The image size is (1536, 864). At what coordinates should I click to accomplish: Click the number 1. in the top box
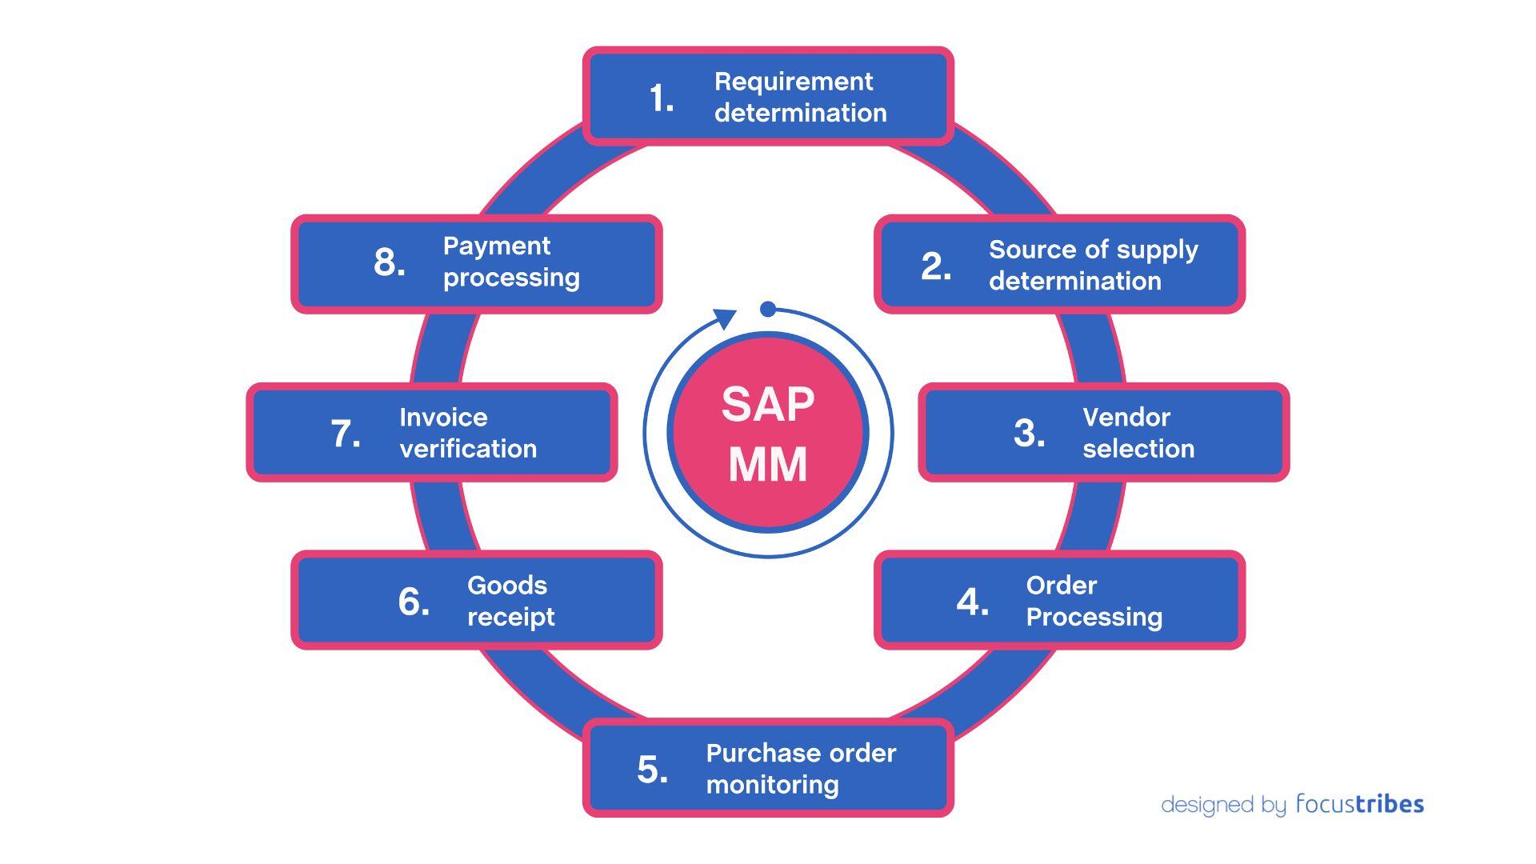pyautogui.click(x=661, y=98)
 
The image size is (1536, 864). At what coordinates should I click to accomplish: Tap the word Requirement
pyautogui.click(x=793, y=82)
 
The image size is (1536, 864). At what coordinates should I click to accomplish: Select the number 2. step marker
pyautogui.click(x=936, y=266)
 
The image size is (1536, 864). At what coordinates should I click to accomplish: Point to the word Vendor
pyautogui.click(x=1126, y=418)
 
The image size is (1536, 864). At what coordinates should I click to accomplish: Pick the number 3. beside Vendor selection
pyautogui.click(x=1029, y=434)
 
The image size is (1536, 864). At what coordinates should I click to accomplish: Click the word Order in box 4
pyautogui.click(x=1061, y=586)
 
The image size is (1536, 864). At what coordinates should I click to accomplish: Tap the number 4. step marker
pyautogui.click(x=972, y=602)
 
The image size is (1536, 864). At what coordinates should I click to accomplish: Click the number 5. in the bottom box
pyautogui.click(x=652, y=770)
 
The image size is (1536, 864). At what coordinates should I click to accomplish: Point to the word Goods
pyautogui.click(x=506, y=586)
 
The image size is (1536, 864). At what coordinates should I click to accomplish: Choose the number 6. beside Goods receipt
pyautogui.click(x=413, y=602)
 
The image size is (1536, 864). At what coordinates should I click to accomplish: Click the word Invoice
pyautogui.click(x=442, y=418)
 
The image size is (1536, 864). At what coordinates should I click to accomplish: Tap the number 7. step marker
pyautogui.click(x=345, y=434)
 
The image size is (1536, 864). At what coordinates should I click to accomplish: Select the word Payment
pyautogui.click(x=496, y=246)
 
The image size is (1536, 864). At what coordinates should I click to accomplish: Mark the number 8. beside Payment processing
pyautogui.click(x=389, y=262)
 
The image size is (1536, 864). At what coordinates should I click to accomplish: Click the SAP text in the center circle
pyautogui.click(x=767, y=404)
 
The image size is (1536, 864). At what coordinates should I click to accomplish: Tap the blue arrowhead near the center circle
pyautogui.click(x=725, y=318)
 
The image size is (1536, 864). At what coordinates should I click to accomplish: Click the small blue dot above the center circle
pyautogui.click(x=768, y=309)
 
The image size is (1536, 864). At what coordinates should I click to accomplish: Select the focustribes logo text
pyautogui.click(x=1359, y=803)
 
